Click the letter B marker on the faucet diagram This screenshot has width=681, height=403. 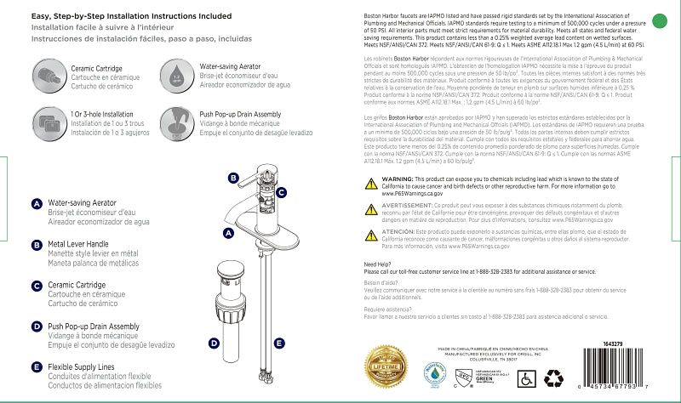(233, 178)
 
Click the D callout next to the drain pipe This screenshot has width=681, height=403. (215, 343)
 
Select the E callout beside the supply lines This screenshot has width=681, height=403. (278, 343)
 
